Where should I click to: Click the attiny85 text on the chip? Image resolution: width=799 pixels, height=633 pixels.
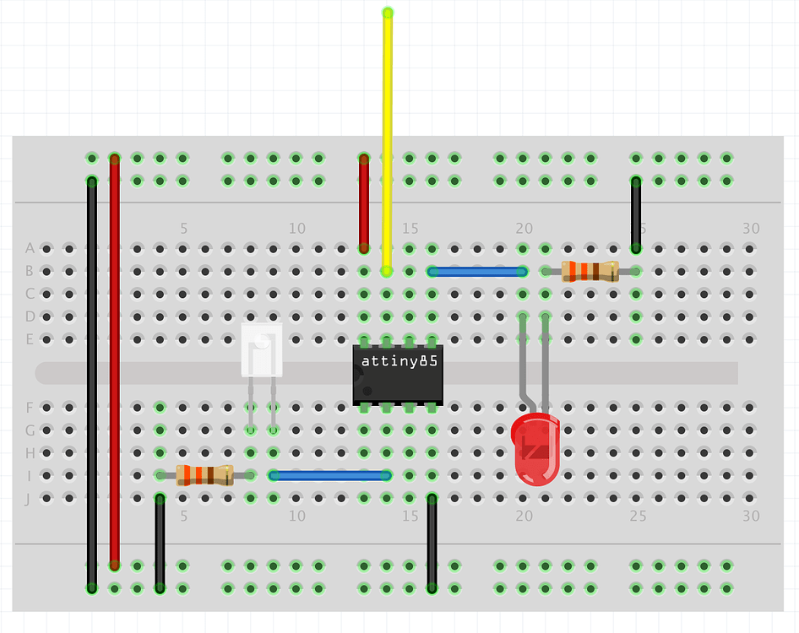tap(398, 360)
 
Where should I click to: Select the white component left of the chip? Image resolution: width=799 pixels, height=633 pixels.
tap(262, 350)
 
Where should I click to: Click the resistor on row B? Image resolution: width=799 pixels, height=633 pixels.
tap(590, 271)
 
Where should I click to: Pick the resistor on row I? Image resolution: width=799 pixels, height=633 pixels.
tap(204, 475)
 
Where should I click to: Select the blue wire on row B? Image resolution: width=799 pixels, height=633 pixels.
tap(477, 272)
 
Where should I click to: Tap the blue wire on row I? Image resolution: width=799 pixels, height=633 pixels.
tap(329, 475)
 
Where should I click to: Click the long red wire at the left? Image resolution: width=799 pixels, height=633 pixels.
tap(114, 363)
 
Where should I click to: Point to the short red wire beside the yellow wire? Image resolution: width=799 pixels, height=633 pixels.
tap(364, 203)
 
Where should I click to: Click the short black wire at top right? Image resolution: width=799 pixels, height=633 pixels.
tap(636, 214)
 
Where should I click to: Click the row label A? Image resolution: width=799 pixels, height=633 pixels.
tap(30, 249)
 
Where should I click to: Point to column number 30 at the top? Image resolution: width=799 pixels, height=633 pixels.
tap(751, 229)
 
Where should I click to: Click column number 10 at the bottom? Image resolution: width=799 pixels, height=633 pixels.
tap(296, 516)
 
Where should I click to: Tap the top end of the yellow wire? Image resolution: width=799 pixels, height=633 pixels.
tap(388, 13)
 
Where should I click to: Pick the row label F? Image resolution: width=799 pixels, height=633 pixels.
tap(30, 408)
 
